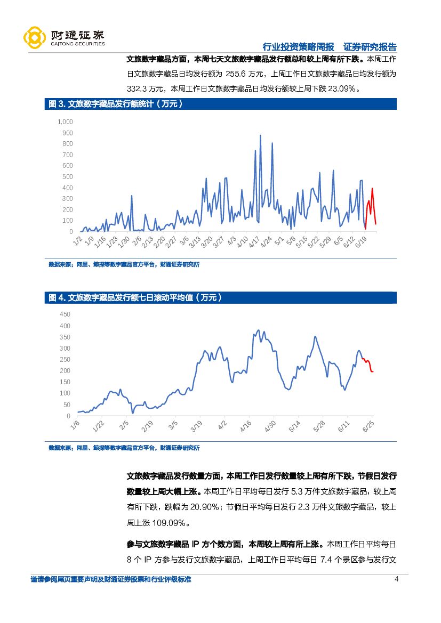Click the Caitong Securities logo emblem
(35, 37)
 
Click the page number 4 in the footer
(396, 580)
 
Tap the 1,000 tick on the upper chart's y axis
(65, 122)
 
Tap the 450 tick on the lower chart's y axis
(64, 314)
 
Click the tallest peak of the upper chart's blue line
(260, 136)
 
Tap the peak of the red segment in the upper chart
(372, 188)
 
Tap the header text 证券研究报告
(370, 46)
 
